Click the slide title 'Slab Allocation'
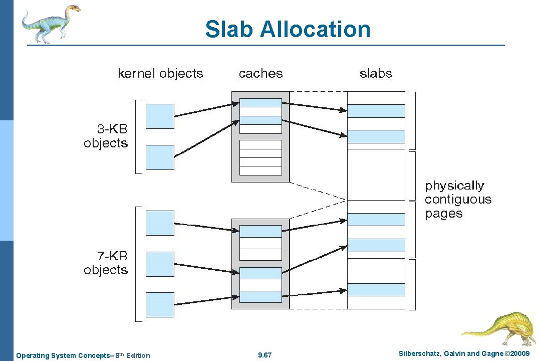click(288, 29)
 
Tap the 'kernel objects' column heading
click(160, 74)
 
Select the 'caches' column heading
click(260, 74)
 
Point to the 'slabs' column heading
click(376, 74)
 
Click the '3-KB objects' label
click(106, 136)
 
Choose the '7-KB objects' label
click(106, 263)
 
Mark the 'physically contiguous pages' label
click(458, 200)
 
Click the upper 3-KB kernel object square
click(160, 116)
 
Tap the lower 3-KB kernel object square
click(160, 157)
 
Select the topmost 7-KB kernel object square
click(160, 223)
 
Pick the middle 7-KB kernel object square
click(160, 264)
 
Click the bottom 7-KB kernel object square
click(160, 304)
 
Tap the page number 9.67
click(264, 355)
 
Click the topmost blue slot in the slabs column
click(376, 111)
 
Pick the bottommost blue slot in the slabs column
click(376, 290)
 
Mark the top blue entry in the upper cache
click(260, 103)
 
